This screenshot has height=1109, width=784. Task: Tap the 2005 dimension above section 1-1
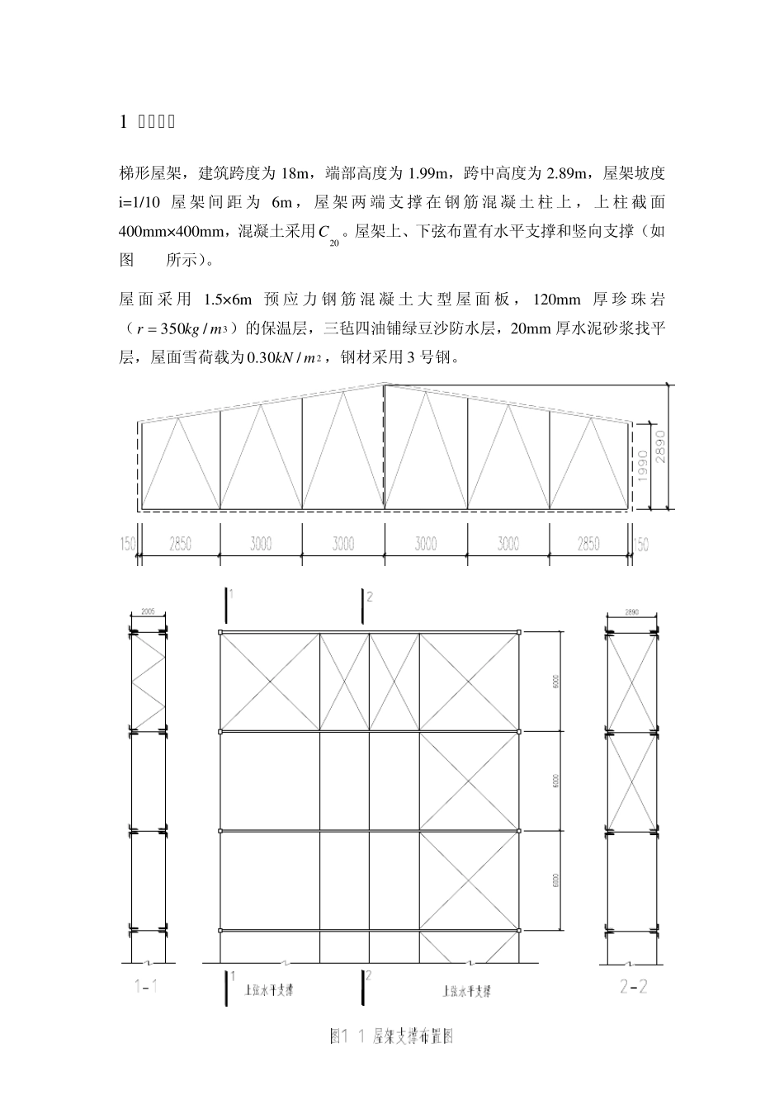148,612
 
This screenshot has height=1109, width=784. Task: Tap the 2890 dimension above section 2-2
632,612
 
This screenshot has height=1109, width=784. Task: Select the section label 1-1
146,987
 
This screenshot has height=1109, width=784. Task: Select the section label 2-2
633,987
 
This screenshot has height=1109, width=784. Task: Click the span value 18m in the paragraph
295,173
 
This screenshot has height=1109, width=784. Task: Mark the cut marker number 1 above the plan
233,594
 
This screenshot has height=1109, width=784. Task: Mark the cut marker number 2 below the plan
369,976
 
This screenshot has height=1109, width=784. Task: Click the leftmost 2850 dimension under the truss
180,544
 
